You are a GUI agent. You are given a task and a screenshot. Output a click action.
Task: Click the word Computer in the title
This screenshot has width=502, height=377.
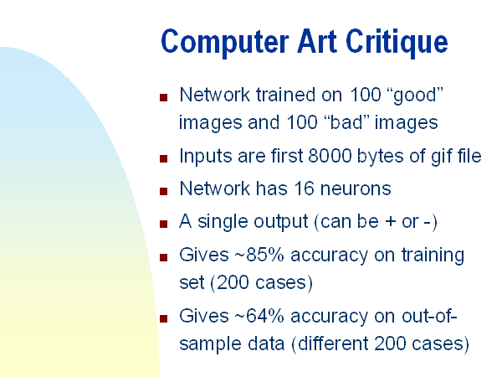[225, 43]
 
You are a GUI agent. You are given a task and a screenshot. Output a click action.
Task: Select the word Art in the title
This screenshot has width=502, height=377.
[317, 41]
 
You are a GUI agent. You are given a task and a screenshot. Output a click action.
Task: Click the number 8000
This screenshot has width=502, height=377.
[330, 156]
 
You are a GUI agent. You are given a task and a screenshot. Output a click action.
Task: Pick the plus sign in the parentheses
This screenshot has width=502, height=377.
[390, 222]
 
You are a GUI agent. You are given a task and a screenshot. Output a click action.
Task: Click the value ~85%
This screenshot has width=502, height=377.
[259, 255]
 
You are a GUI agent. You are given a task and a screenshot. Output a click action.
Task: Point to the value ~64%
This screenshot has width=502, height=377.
[259, 316]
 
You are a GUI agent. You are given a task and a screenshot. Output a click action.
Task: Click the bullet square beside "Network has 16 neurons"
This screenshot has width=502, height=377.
[164, 191]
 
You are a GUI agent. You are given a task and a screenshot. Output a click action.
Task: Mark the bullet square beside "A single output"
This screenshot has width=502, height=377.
[164, 224]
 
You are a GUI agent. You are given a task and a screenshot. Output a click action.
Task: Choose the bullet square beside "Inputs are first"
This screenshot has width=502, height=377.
[164, 158]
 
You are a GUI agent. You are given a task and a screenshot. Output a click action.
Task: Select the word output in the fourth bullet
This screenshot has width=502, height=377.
[281, 222]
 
